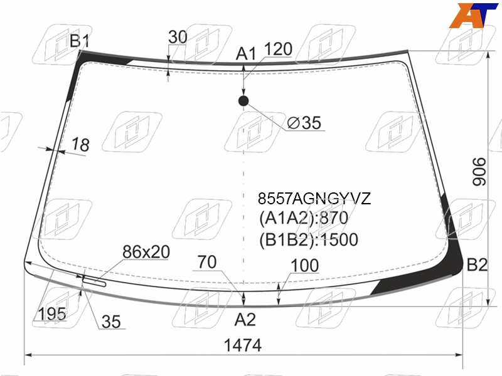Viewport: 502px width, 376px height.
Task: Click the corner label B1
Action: [80, 41]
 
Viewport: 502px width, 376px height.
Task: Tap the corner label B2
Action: [477, 264]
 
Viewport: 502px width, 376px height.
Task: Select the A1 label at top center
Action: [246, 54]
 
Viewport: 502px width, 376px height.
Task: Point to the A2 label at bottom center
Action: [245, 320]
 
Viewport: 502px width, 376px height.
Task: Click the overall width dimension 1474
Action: [243, 346]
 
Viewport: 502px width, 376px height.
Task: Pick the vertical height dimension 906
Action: [479, 171]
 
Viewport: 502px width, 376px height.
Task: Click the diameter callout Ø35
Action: [304, 123]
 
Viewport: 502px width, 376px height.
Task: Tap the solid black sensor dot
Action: [243, 101]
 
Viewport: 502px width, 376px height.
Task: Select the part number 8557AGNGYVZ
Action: [314, 199]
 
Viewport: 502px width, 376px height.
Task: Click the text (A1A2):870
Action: [304, 218]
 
